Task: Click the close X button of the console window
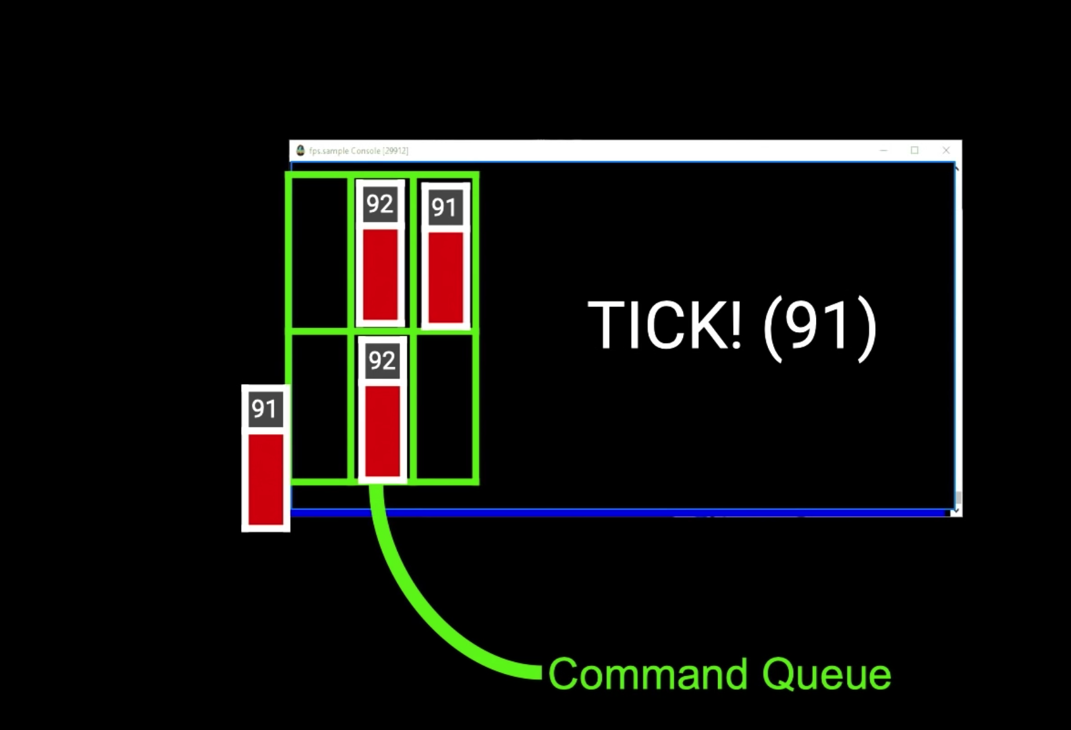pos(946,150)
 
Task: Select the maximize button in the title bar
pos(914,150)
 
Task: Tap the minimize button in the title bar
pos(883,150)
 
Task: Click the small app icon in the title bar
pos(300,150)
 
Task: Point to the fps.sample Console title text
pos(359,151)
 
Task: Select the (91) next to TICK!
pos(820,325)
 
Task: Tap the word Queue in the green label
pos(827,675)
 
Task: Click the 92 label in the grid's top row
pos(380,204)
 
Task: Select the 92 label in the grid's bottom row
pos(382,360)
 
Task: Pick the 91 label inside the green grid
pos(445,208)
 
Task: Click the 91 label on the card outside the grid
pos(265,409)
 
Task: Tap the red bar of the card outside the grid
pos(265,479)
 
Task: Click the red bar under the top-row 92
pos(381,273)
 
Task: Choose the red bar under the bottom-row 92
pos(383,430)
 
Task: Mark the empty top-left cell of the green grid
pos(319,251)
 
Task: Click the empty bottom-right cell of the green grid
pos(445,406)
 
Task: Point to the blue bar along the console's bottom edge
pos(619,512)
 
